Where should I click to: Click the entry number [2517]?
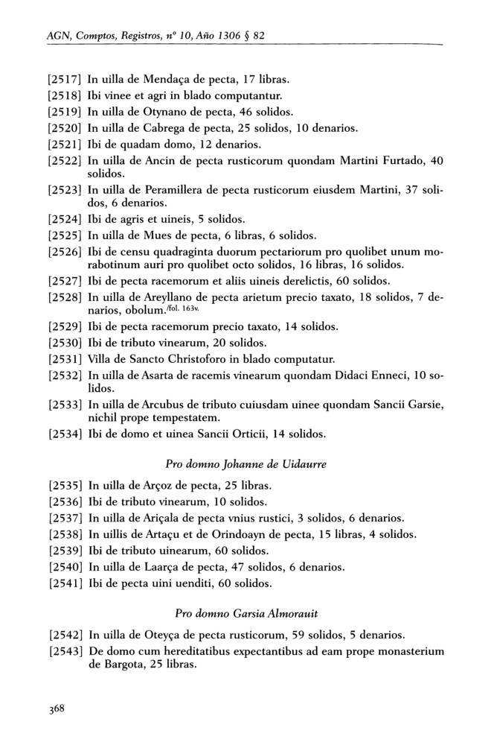tap(65, 78)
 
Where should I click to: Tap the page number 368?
tap(57, 708)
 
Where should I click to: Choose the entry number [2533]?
tap(65, 404)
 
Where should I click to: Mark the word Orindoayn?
tap(257, 534)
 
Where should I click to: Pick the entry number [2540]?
tap(65, 567)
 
